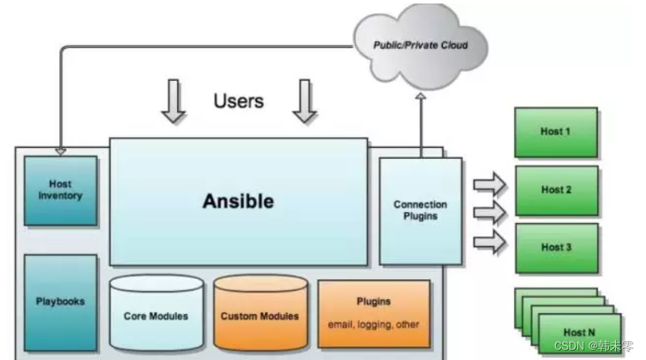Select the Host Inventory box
pyautogui.click(x=60, y=190)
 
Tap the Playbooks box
pyautogui.click(x=60, y=301)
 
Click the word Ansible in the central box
pyautogui.click(x=238, y=201)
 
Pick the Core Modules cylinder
pyautogui.click(x=156, y=316)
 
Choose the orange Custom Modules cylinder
pyautogui.click(x=259, y=316)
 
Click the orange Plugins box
pyautogui.click(x=374, y=313)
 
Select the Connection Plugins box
pyautogui.click(x=420, y=210)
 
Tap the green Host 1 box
pyautogui.click(x=556, y=131)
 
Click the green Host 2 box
pyautogui.click(x=556, y=190)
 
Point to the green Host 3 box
pyautogui.click(x=556, y=247)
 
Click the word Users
pyautogui.click(x=238, y=101)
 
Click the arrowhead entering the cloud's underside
pyautogui.click(x=421, y=97)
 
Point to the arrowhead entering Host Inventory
pyautogui.click(x=61, y=150)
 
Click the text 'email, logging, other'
pyautogui.click(x=374, y=324)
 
